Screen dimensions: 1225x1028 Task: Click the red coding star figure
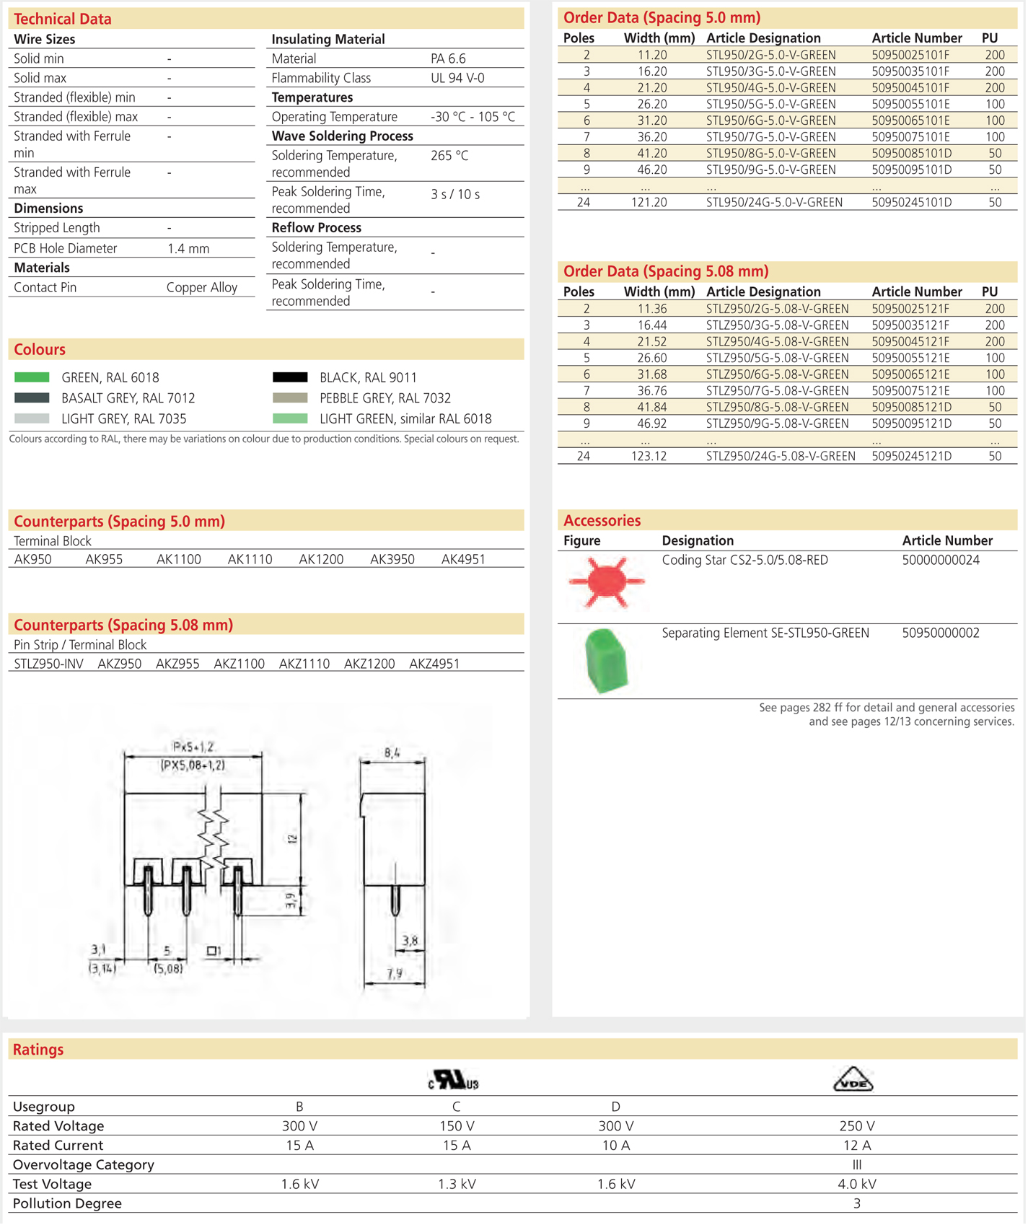pyautogui.click(x=606, y=582)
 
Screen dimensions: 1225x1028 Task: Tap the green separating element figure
pyautogui.click(x=606, y=661)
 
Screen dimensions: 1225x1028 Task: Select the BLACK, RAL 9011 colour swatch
pyautogui.click(x=290, y=377)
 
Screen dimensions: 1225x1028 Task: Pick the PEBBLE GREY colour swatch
pyautogui.click(x=290, y=398)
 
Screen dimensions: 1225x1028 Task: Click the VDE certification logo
pyautogui.click(x=853, y=1080)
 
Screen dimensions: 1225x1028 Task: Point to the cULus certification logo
pyautogui.click(x=454, y=1080)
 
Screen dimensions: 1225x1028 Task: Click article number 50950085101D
pyautogui.click(x=911, y=154)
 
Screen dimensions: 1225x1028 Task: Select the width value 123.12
pyautogui.click(x=649, y=456)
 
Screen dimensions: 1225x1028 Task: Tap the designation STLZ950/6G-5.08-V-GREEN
pyautogui.click(x=777, y=374)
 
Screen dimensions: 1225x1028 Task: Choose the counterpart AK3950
pyautogui.click(x=392, y=559)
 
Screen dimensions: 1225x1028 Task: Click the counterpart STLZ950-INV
pyautogui.click(x=48, y=664)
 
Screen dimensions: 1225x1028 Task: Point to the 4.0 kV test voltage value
pyautogui.click(x=856, y=1184)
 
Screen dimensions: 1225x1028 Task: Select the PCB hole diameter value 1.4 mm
pyautogui.click(x=188, y=249)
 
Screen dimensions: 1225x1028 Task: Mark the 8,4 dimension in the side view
pyautogui.click(x=392, y=752)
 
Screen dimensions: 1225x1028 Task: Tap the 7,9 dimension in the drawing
pyautogui.click(x=394, y=974)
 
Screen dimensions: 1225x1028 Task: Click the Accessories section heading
pyautogui.click(x=602, y=521)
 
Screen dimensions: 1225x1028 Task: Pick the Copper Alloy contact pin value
pyautogui.click(x=202, y=287)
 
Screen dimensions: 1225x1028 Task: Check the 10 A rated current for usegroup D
pyautogui.click(x=615, y=1146)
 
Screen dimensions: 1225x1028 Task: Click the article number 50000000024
pyautogui.click(x=941, y=561)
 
